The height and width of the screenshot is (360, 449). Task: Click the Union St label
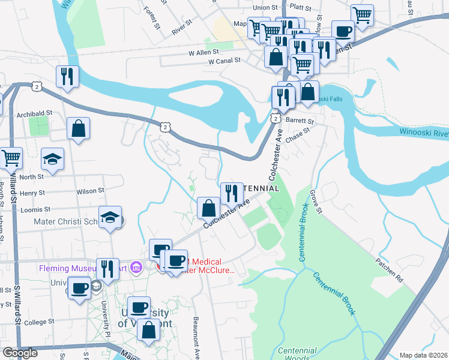[x=266, y=8]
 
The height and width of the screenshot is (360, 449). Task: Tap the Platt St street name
[x=301, y=8]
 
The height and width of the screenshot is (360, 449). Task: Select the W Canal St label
[x=224, y=61]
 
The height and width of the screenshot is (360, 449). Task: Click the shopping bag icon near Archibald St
[x=78, y=128]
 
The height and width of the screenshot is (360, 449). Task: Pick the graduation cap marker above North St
[x=52, y=159]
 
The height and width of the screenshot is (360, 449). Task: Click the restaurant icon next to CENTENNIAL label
[x=232, y=193]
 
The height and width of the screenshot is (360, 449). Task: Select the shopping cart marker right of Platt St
[x=362, y=15]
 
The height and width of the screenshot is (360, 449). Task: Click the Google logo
[x=20, y=353]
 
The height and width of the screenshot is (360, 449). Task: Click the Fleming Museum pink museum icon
[x=136, y=267]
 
